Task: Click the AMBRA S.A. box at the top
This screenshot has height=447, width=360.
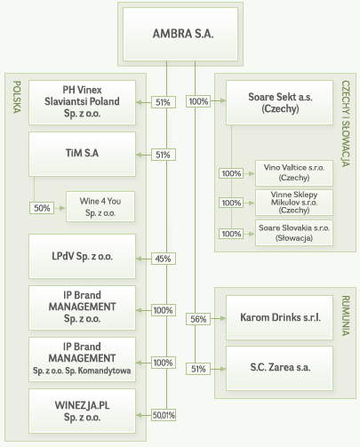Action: tap(180, 34)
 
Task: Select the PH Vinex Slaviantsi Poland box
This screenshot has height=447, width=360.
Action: tap(82, 102)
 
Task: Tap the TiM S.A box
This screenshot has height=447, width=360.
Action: tap(82, 154)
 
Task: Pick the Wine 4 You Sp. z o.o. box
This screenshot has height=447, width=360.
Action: tap(100, 206)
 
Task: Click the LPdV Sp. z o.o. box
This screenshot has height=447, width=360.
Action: tap(82, 256)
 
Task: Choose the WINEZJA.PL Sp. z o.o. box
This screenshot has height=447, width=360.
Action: tap(82, 411)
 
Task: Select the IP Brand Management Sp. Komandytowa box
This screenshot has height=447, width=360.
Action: tap(82, 359)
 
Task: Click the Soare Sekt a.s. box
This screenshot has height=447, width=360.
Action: tap(279, 102)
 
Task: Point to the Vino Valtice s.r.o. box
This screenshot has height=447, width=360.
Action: tap(294, 173)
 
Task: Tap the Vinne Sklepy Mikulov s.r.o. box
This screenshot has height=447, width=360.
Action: tap(294, 203)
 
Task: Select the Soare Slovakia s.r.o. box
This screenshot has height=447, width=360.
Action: tap(294, 233)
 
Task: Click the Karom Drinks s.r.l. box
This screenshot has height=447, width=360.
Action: tap(279, 317)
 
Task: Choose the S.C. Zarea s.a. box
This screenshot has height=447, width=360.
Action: tap(279, 368)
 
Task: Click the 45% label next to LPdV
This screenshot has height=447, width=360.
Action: tap(164, 259)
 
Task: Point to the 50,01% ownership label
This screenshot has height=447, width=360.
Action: tap(164, 415)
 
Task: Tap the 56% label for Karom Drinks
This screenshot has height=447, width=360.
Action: tap(198, 319)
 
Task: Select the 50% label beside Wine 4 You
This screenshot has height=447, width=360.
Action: tap(42, 208)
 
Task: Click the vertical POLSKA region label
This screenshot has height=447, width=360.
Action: tap(17, 97)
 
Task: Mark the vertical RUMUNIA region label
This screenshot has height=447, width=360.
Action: tap(346, 315)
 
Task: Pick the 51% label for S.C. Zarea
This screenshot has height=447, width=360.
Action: tap(198, 369)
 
